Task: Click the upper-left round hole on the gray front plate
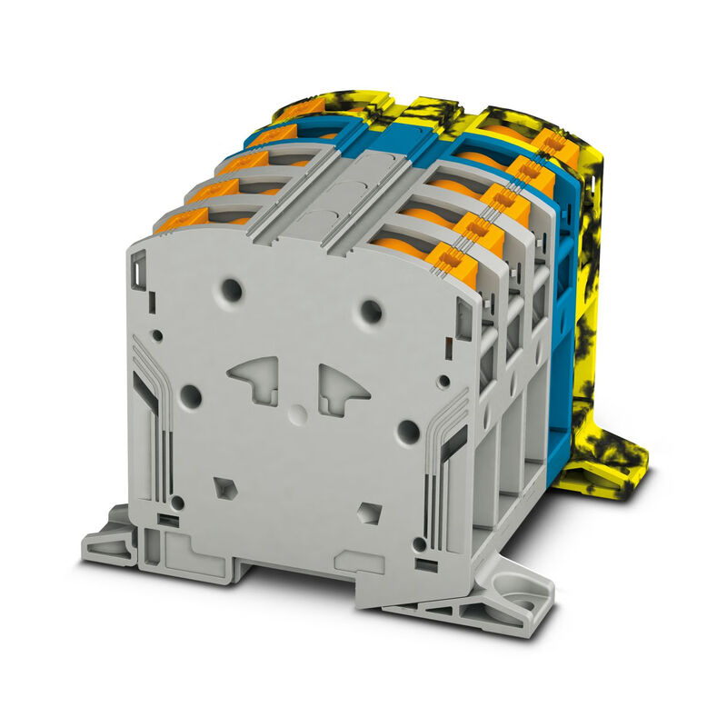point(233,290)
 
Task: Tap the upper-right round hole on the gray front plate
point(371,312)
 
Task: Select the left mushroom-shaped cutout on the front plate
point(257,378)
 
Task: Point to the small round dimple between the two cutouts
point(297,413)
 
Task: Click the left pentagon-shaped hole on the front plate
point(224,487)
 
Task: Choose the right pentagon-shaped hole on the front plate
point(369,513)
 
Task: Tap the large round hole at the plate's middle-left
point(191,395)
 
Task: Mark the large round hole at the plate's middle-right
point(408,432)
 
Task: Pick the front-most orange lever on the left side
point(180,219)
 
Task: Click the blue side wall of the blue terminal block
point(562,327)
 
